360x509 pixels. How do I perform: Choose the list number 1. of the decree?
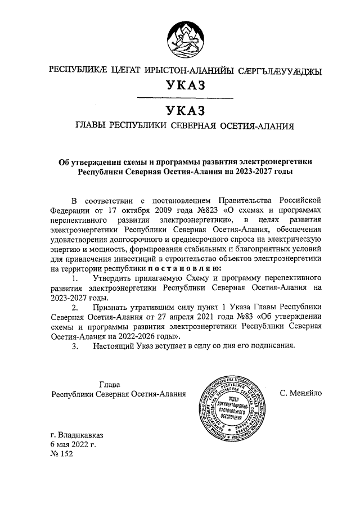coord(74,278)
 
